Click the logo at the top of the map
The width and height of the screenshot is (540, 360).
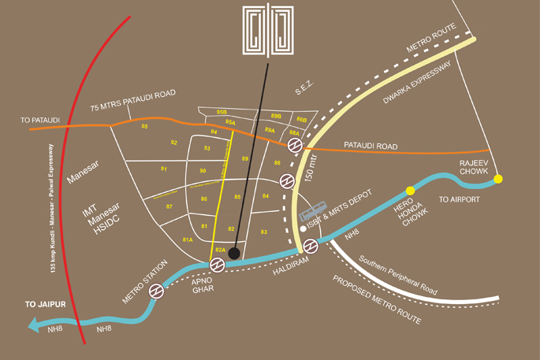[269, 32]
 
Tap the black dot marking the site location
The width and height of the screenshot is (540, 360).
[233, 253]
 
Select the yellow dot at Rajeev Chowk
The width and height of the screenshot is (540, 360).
[497, 180]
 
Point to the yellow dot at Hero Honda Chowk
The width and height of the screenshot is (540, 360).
[410, 191]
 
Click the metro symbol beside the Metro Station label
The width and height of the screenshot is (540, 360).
[158, 291]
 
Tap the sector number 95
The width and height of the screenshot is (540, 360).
[144, 126]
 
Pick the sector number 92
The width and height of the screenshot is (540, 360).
[173, 142]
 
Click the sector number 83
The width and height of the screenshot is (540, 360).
[264, 232]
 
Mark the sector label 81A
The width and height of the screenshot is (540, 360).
[187, 239]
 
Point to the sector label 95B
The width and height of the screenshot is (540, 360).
[222, 113]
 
